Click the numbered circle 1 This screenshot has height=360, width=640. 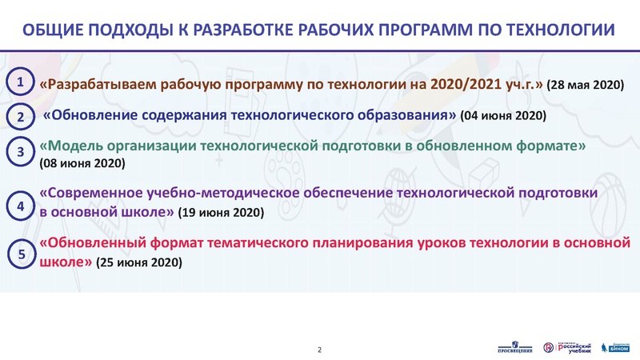pyautogui.click(x=21, y=82)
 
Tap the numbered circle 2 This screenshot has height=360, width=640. pyautogui.click(x=21, y=117)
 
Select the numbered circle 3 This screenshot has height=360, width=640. pyautogui.click(x=21, y=151)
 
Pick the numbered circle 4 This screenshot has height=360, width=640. pyautogui.click(x=21, y=206)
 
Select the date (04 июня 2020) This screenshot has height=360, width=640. pyautogui.click(x=504, y=116)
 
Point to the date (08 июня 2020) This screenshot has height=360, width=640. pyautogui.click(x=81, y=164)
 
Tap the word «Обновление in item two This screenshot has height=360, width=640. pyautogui.click(x=92, y=115)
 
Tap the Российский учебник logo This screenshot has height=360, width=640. pyautogui.click(x=568, y=346)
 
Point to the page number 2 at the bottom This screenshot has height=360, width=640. pyautogui.click(x=320, y=350)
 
